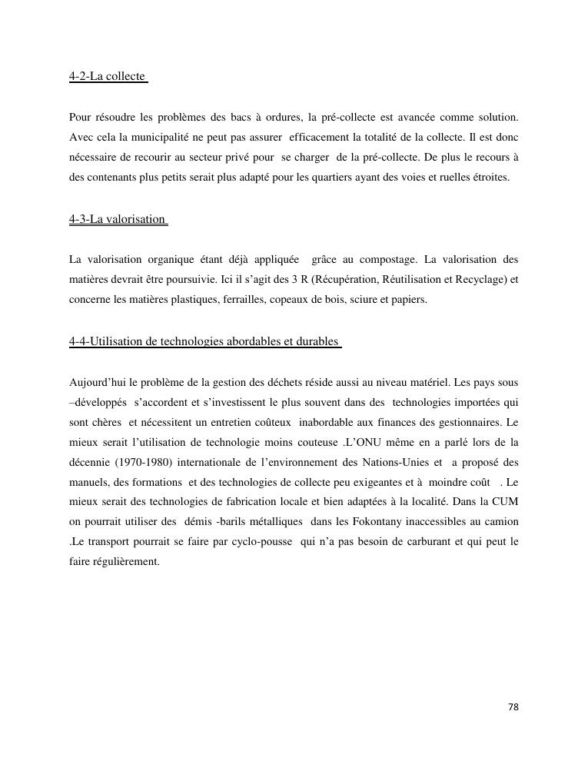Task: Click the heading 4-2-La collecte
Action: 107,77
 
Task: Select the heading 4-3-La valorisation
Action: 118,219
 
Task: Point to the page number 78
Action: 513,707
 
